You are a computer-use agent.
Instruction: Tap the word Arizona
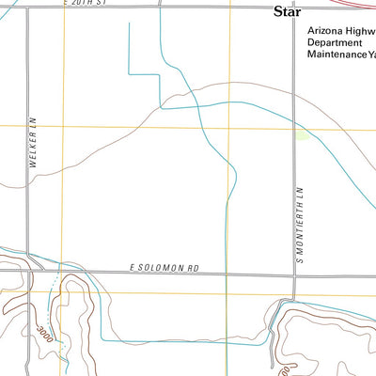click(325, 30)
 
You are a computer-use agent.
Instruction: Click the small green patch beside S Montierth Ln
click(301, 135)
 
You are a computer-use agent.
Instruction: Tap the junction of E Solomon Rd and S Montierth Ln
click(293, 274)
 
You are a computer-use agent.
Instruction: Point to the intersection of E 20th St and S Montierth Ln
click(293, 8)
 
